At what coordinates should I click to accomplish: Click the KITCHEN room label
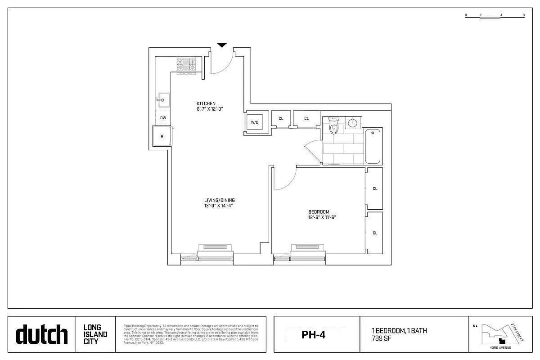point(206,103)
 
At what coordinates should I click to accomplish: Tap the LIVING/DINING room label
point(219,200)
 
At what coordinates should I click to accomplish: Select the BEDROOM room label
point(319,212)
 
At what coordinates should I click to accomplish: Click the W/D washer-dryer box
point(255,122)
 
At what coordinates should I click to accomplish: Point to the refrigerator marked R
point(162,136)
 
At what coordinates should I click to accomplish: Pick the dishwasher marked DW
point(163,118)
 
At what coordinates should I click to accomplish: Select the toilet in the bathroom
point(333,126)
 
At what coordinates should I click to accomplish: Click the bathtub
point(373,146)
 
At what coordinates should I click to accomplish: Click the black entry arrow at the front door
point(222,45)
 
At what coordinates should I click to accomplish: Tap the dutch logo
point(41,335)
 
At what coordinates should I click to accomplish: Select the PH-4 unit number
point(313,335)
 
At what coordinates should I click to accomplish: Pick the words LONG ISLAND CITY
point(95,334)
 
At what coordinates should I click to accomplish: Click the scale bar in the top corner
point(495,15)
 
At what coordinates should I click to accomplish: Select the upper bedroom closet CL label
point(375,189)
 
